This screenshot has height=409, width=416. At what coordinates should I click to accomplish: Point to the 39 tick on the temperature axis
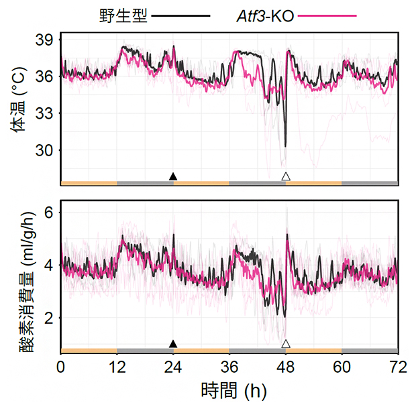44,40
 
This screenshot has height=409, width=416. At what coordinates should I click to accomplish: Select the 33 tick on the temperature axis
44,113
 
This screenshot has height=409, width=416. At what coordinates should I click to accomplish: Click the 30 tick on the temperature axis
44,150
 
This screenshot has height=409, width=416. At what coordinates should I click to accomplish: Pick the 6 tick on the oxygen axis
48,213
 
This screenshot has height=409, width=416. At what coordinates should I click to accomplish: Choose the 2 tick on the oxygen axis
48,317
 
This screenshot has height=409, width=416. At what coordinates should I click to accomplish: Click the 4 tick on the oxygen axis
48,265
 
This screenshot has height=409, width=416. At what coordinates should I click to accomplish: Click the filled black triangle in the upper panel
173,176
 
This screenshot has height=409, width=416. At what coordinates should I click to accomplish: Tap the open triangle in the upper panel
286,176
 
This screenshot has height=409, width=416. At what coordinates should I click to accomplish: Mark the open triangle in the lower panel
286,344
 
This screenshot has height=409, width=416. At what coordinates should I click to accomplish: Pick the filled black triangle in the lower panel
173,344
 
